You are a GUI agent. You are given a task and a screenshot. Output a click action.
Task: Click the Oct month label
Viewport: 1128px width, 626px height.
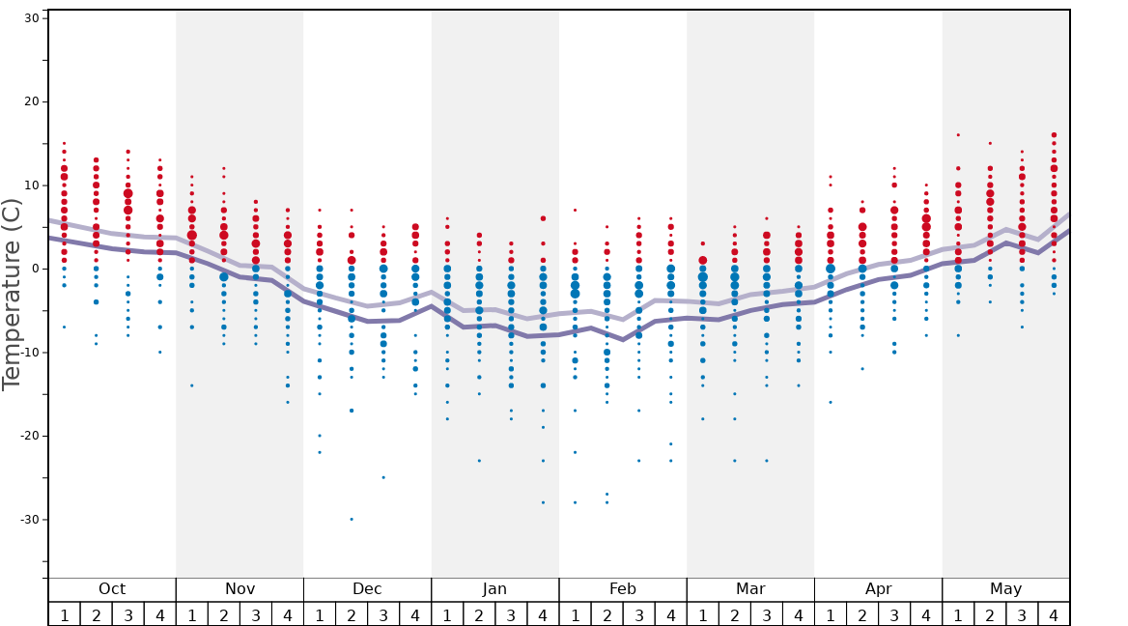(112, 589)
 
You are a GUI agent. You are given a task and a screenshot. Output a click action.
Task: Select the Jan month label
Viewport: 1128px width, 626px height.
(494, 589)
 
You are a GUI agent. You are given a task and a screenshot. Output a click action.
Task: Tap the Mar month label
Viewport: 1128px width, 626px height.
(750, 589)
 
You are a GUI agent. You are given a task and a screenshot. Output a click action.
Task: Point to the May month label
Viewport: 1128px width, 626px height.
(1005, 589)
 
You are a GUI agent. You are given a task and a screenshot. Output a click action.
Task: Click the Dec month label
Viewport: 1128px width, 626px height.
(367, 589)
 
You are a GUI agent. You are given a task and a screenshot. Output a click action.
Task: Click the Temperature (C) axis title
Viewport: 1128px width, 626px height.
(12, 294)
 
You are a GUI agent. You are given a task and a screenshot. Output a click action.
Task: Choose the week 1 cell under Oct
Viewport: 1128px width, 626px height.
(64, 614)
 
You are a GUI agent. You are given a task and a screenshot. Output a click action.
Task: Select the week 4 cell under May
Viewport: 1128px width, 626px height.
(1054, 614)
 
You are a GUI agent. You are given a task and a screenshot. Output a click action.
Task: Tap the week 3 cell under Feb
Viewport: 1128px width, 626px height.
(638, 614)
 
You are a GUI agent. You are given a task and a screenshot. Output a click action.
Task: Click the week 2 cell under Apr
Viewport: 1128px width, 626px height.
(862, 614)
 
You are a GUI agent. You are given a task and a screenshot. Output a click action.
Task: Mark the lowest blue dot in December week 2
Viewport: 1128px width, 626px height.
(352, 519)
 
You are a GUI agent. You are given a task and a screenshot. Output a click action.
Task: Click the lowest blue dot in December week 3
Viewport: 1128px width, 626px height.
(383, 477)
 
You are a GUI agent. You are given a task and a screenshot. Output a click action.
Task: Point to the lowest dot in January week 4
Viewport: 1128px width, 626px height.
(543, 502)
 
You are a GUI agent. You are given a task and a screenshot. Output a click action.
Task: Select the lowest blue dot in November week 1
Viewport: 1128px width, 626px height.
(192, 385)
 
